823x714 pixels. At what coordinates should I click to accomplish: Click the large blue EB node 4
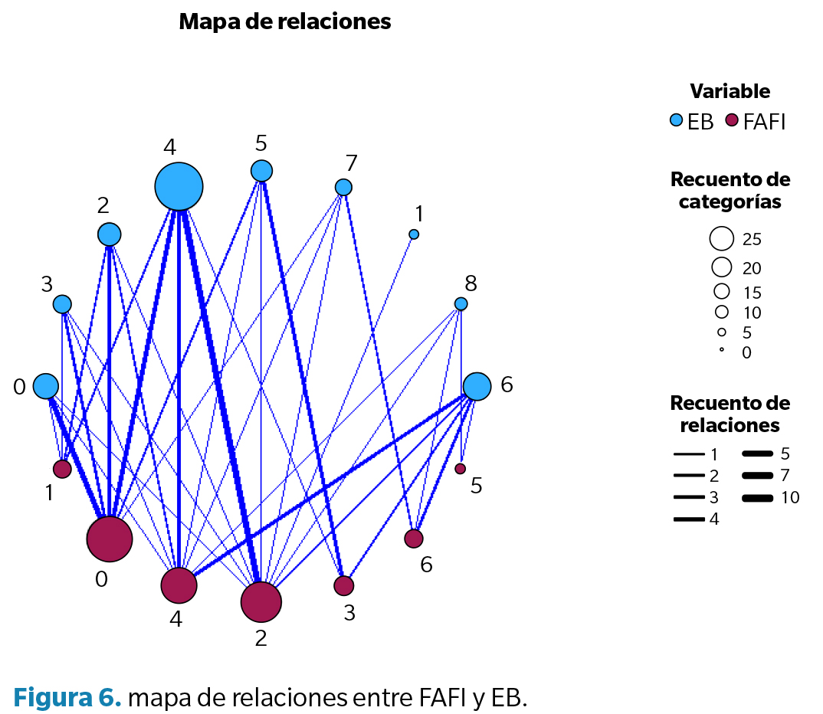pyautogui.click(x=179, y=186)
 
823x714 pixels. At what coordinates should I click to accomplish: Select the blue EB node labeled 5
pyautogui.click(x=262, y=170)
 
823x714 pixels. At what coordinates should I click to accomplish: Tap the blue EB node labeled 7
pyautogui.click(x=343, y=187)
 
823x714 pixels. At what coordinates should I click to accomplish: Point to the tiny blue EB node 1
pyautogui.click(x=414, y=234)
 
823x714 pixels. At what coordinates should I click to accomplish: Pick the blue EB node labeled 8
pyautogui.click(x=461, y=303)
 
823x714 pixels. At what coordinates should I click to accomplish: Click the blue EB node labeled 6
pyautogui.click(x=477, y=386)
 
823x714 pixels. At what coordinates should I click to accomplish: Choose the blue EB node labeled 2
pyautogui.click(x=110, y=234)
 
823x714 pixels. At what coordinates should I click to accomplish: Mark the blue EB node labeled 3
pyautogui.click(x=62, y=304)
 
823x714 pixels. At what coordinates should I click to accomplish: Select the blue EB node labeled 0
pyautogui.click(x=46, y=386)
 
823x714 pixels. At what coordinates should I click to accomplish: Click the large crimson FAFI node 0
pyautogui.click(x=110, y=539)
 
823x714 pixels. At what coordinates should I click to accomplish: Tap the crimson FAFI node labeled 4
pyautogui.click(x=179, y=585)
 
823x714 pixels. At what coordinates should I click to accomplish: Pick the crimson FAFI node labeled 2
pyautogui.click(x=261, y=601)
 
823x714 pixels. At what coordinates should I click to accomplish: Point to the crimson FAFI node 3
pyautogui.click(x=344, y=585)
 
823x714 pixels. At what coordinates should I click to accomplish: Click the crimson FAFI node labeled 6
pyautogui.click(x=414, y=539)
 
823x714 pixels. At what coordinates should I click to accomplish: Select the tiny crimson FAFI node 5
pyautogui.click(x=460, y=468)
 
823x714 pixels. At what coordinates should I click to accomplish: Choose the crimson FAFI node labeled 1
pyautogui.click(x=62, y=468)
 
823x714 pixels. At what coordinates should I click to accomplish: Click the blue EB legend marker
pyautogui.click(x=677, y=120)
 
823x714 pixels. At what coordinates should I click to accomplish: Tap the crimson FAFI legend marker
pyautogui.click(x=731, y=120)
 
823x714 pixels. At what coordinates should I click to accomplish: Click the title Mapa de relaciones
pyautogui.click(x=285, y=21)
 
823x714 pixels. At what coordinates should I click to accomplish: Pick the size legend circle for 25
pyautogui.click(x=721, y=238)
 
